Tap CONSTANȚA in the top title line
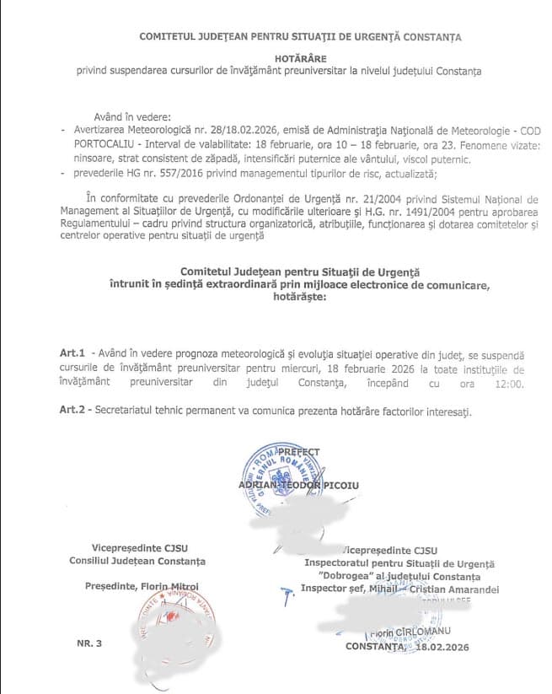(x=431, y=37)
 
